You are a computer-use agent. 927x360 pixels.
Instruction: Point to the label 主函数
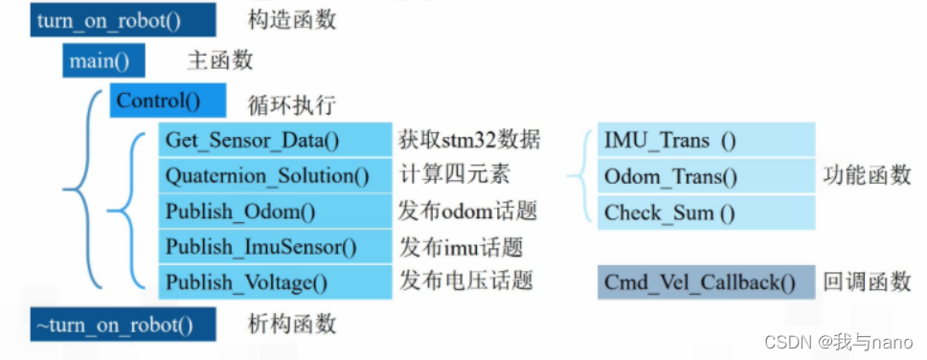221,61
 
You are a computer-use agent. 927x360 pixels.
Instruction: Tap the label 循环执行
292,103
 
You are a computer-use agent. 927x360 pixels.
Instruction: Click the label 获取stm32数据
469,141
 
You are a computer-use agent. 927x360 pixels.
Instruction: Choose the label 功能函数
867,176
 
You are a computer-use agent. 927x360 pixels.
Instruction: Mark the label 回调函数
867,282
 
